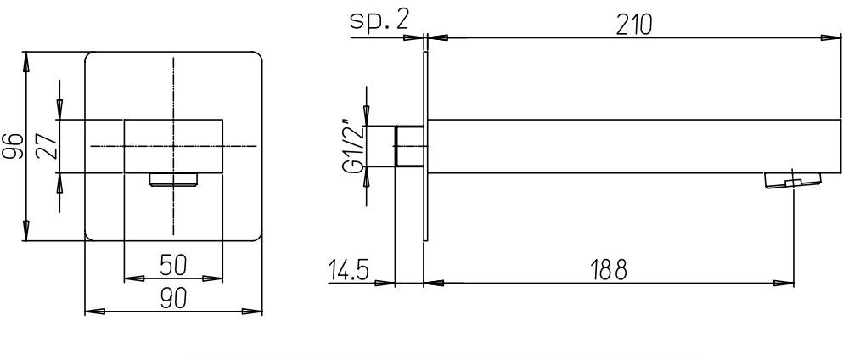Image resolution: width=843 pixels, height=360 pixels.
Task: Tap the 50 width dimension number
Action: coord(173,265)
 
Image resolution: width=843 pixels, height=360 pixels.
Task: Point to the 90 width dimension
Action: coord(174,300)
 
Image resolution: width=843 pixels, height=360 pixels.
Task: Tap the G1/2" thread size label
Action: coord(351,147)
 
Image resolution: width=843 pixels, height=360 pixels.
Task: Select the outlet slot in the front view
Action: coord(173,178)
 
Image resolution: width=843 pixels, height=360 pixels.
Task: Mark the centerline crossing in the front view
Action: coord(173,147)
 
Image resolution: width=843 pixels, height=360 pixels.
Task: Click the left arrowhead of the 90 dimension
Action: coord(92,312)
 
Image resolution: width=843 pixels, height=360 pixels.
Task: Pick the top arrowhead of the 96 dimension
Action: coord(27,59)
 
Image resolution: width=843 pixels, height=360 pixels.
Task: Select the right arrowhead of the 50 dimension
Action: coord(216,277)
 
